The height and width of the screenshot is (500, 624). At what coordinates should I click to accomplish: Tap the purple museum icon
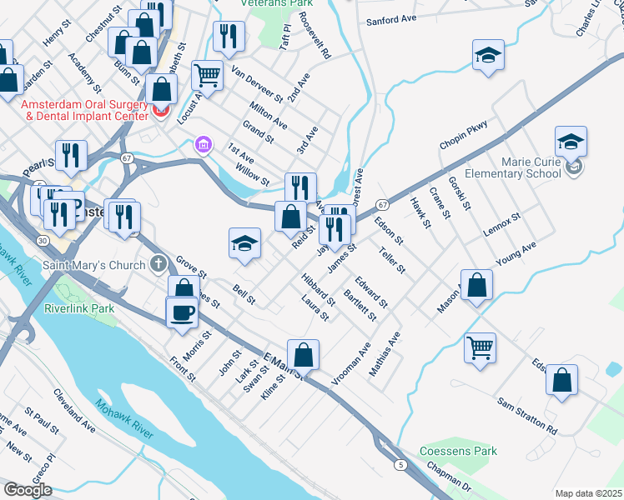[202, 146]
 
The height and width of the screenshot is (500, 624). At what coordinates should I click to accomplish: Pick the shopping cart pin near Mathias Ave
[481, 347]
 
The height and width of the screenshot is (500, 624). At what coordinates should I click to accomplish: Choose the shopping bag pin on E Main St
[304, 353]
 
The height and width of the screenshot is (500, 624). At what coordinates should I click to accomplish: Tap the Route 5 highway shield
[401, 464]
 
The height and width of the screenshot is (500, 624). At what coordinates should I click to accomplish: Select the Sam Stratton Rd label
[527, 416]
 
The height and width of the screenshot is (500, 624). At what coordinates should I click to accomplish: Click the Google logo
[28, 490]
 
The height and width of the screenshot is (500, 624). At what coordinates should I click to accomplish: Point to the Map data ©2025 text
[588, 493]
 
